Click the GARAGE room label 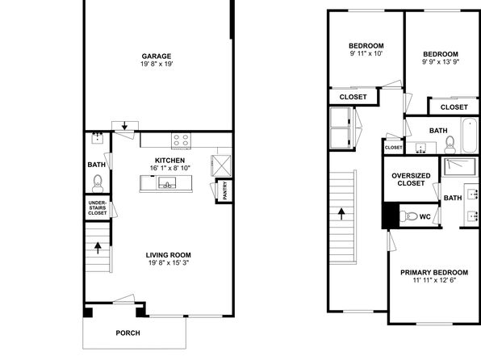(x=157, y=57)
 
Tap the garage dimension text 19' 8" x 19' (x=157, y=64)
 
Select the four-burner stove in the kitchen (x=181, y=140)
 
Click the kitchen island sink (x=167, y=183)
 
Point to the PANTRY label (x=225, y=190)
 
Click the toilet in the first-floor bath (x=98, y=183)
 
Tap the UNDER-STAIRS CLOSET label (x=97, y=207)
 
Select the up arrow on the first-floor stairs (x=98, y=248)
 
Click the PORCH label (x=128, y=333)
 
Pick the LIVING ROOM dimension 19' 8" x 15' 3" (x=169, y=262)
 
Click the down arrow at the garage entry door (x=124, y=126)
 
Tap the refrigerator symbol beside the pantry (x=221, y=165)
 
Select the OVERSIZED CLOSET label (x=411, y=179)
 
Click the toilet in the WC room (x=408, y=216)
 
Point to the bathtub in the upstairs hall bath (x=470, y=136)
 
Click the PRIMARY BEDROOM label (x=434, y=273)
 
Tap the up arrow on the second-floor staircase (x=341, y=214)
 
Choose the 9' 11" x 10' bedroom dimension (x=366, y=54)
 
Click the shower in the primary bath (x=459, y=167)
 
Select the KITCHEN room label (x=170, y=161)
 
